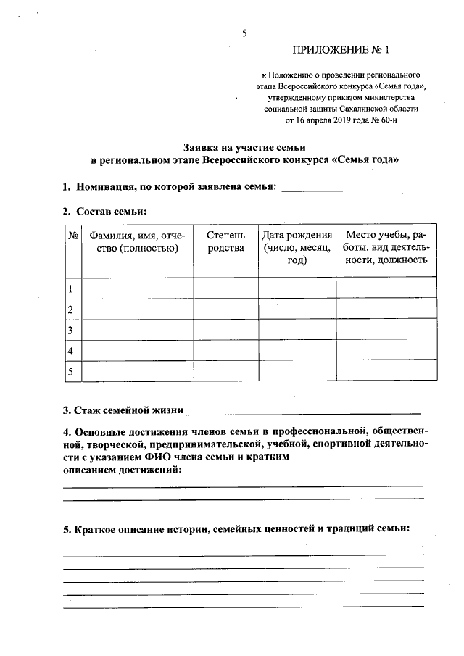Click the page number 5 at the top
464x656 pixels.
point(244,33)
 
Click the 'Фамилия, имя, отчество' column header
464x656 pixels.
point(137,243)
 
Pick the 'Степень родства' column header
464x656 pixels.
point(225,243)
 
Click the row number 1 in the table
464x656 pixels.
point(71,288)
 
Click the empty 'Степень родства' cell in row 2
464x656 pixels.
point(225,310)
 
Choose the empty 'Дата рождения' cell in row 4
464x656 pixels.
point(297,351)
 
